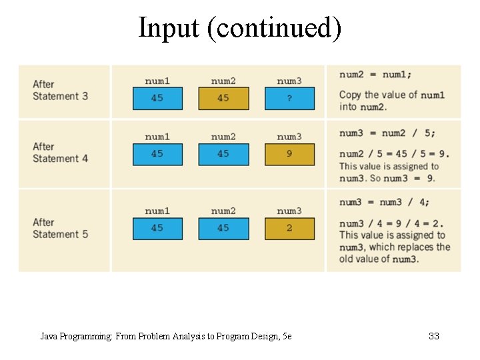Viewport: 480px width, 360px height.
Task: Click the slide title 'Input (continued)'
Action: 239,28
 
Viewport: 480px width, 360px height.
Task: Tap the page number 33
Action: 434,336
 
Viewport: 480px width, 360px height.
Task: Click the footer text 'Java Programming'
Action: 76,336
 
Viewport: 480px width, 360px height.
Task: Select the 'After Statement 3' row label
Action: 60,90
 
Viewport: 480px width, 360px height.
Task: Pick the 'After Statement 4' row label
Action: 60,153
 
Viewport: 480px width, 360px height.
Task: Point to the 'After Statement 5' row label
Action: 60,228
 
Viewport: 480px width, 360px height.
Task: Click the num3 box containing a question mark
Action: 289,99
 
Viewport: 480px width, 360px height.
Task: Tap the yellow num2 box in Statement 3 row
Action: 223,99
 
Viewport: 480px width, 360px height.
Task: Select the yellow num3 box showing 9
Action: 289,154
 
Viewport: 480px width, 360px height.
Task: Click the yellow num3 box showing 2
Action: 289,229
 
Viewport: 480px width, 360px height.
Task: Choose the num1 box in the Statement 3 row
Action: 157,99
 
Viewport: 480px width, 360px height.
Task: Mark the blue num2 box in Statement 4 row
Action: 223,154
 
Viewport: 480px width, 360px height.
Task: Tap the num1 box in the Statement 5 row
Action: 157,229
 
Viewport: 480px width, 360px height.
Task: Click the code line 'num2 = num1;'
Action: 375,75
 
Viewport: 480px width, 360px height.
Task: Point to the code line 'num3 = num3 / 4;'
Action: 384,203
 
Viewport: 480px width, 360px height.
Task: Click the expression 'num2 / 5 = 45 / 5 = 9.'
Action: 394,154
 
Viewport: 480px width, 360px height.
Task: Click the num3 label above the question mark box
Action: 289,81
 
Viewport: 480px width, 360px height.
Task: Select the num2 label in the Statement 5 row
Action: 223,211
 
